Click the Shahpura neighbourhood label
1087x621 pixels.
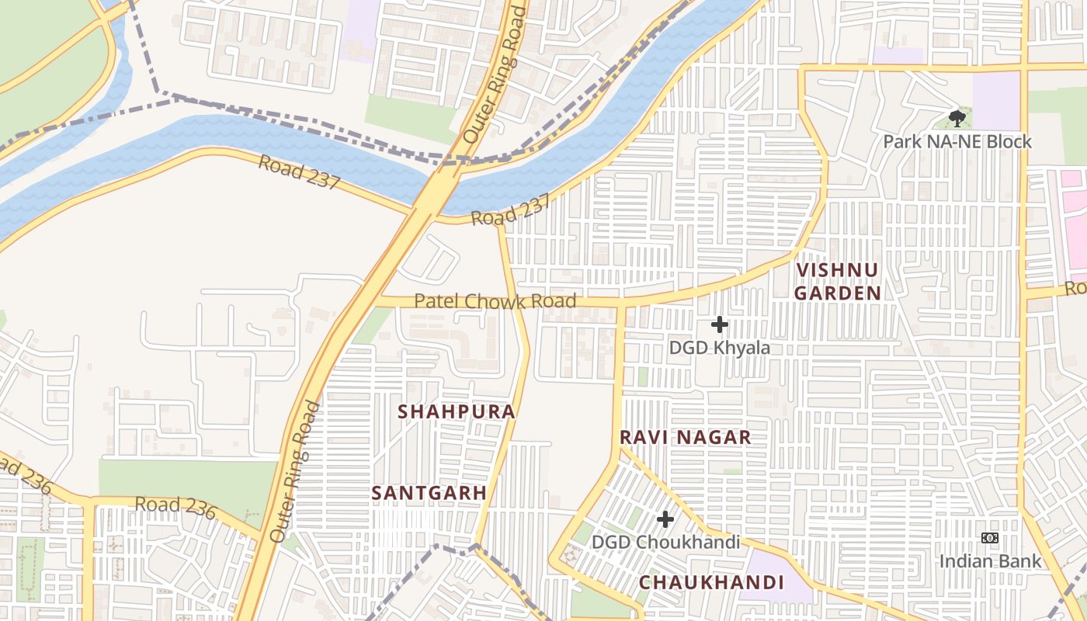[x=457, y=411]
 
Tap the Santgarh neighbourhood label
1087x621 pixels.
[x=429, y=493]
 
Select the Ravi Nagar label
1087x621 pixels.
[x=685, y=437]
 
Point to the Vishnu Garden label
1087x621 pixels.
[x=837, y=281]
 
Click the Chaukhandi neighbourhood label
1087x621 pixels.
[x=710, y=582]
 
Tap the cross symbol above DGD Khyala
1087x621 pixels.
[x=720, y=324]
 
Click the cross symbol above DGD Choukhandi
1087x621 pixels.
[x=665, y=519]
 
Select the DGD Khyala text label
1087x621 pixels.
[x=720, y=348]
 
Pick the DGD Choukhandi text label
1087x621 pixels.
[x=665, y=542]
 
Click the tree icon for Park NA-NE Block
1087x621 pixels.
[x=957, y=119]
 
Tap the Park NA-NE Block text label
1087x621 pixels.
[x=957, y=141]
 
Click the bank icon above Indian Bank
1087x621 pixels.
[x=990, y=538]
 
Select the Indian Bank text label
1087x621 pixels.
[x=990, y=560]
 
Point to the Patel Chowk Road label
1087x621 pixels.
[x=495, y=301]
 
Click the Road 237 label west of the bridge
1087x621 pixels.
[x=299, y=172]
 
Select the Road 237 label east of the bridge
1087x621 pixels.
[x=511, y=210]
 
